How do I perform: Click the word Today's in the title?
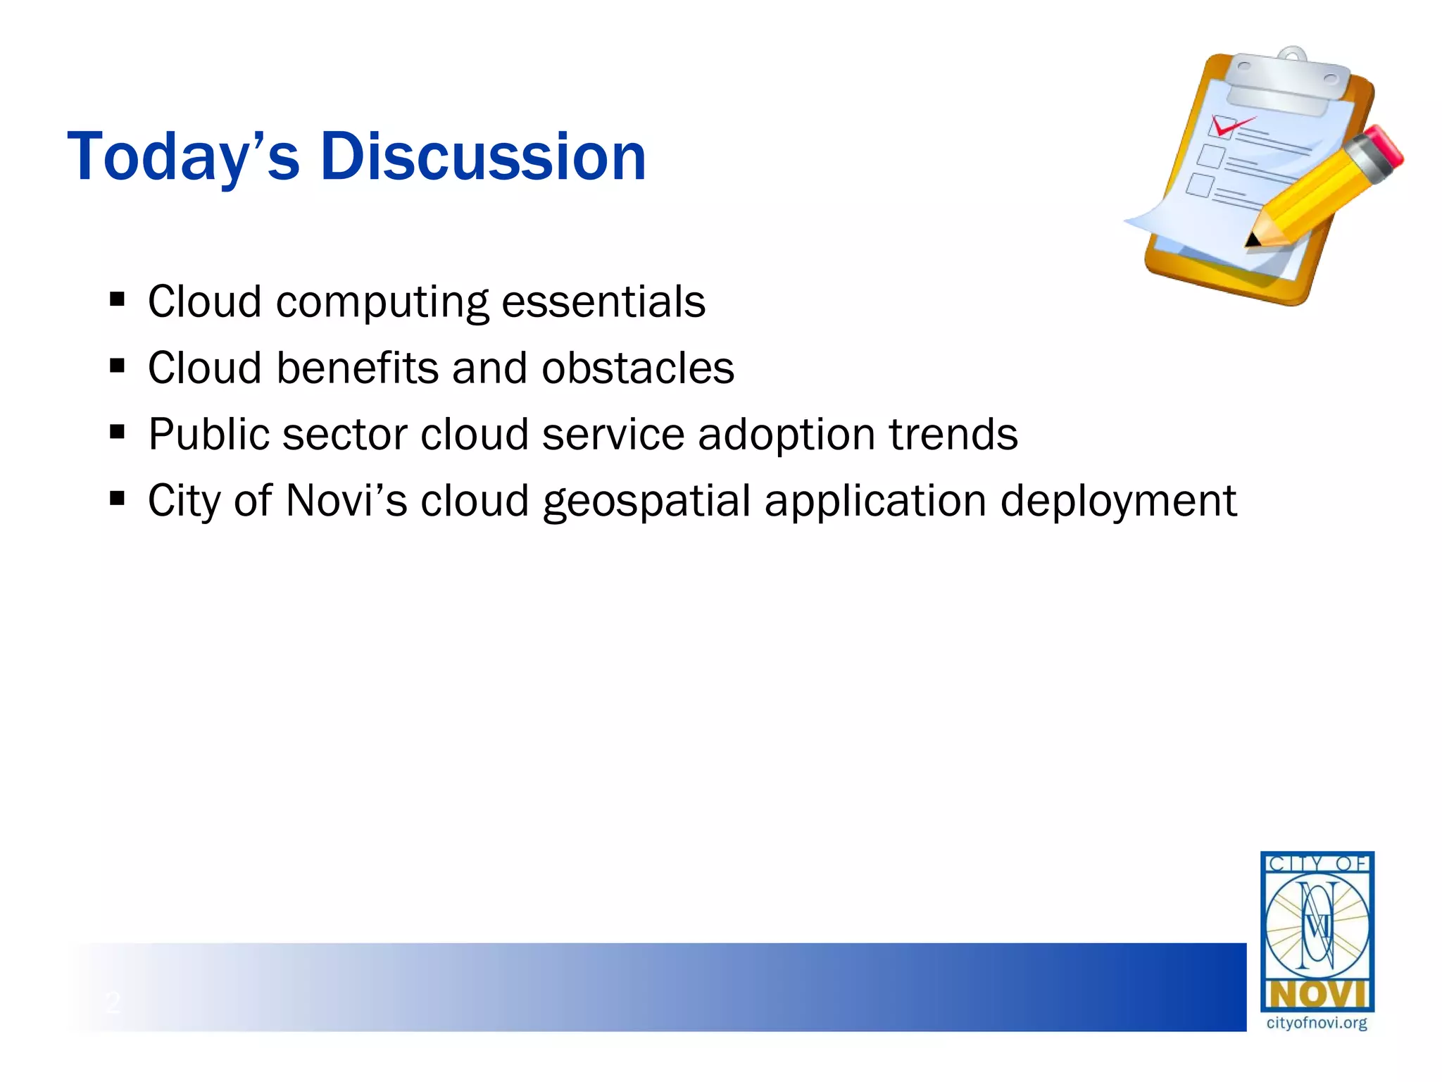[x=183, y=156]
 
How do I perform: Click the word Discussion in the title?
[x=483, y=156]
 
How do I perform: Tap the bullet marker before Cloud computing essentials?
[x=118, y=300]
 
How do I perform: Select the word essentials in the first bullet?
[x=603, y=301]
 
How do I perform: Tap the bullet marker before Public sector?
[x=118, y=431]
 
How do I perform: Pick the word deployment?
[x=1118, y=502]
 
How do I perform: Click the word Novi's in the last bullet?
[x=346, y=500]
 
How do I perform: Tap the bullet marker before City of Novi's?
[x=118, y=499]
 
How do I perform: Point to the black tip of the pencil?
[x=1252, y=241]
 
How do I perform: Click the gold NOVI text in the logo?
[x=1317, y=995]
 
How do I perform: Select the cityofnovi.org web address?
[x=1317, y=1023]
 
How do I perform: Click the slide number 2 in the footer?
[x=113, y=1002]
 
